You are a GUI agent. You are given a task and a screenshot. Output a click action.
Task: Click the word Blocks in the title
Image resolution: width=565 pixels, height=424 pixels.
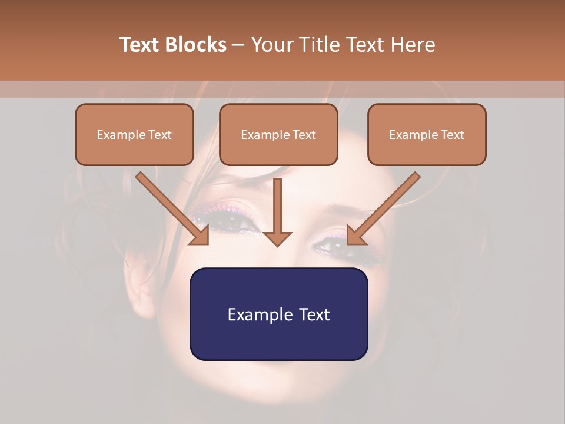pyautogui.click(x=197, y=45)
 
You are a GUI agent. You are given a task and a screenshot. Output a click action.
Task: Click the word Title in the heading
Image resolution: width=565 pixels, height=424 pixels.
pyautogui.click(x=315, y=45)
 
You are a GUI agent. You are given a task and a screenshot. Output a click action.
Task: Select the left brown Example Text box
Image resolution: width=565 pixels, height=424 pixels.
pyautogui.click(x=134, y=134)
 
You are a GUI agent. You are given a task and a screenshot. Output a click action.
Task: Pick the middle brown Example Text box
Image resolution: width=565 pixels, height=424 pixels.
pyautogui.click(x=278, y=134)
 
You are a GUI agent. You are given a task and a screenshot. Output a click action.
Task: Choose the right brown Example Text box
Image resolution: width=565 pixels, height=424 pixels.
pyautogui.click(x=427, y=134)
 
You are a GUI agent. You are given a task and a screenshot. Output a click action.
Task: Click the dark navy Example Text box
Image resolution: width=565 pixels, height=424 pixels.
pyautogui.click(x=278, y=314)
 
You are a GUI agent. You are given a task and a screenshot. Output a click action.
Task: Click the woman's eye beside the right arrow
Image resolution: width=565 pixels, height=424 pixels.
pyautogui.click(x=341, y=247)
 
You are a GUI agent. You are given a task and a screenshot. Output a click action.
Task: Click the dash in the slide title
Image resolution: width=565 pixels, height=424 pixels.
pyautogui.click(x=238, y=45)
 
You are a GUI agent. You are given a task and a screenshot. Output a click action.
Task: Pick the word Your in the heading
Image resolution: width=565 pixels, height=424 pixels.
pyautogui.click(x=271, y=45)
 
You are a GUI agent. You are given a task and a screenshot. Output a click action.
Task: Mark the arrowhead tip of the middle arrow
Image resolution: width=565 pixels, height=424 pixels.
pyautogui.click(x=277, y=244)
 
